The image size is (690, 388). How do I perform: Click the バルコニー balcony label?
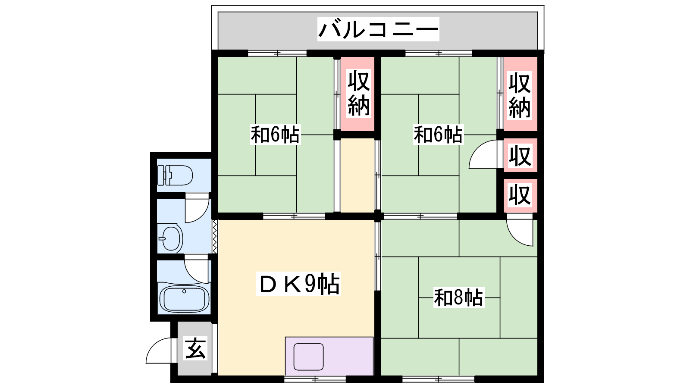[378, 29]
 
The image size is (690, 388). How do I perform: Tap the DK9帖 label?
[298, 284]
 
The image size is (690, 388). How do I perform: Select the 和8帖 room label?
[458, 297]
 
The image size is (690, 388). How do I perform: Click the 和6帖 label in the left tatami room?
[275, 135]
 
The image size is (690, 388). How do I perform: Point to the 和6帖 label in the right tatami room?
[438, 135]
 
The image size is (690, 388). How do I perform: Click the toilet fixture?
[175, 175]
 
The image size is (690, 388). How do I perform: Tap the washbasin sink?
[170, 238]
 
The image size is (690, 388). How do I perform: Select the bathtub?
[184, 298]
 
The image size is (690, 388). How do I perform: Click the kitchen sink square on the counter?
[308, 357]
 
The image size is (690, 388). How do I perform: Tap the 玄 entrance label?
[195, 348]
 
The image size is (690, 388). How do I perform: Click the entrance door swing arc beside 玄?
[159, 351]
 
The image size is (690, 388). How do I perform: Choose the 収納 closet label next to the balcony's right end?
[519, 95]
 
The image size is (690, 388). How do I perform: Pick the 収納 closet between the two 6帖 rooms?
[359, 93]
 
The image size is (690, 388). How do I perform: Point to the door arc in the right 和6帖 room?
[483, 154]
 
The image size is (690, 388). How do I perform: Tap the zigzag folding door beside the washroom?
[215, 236]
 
